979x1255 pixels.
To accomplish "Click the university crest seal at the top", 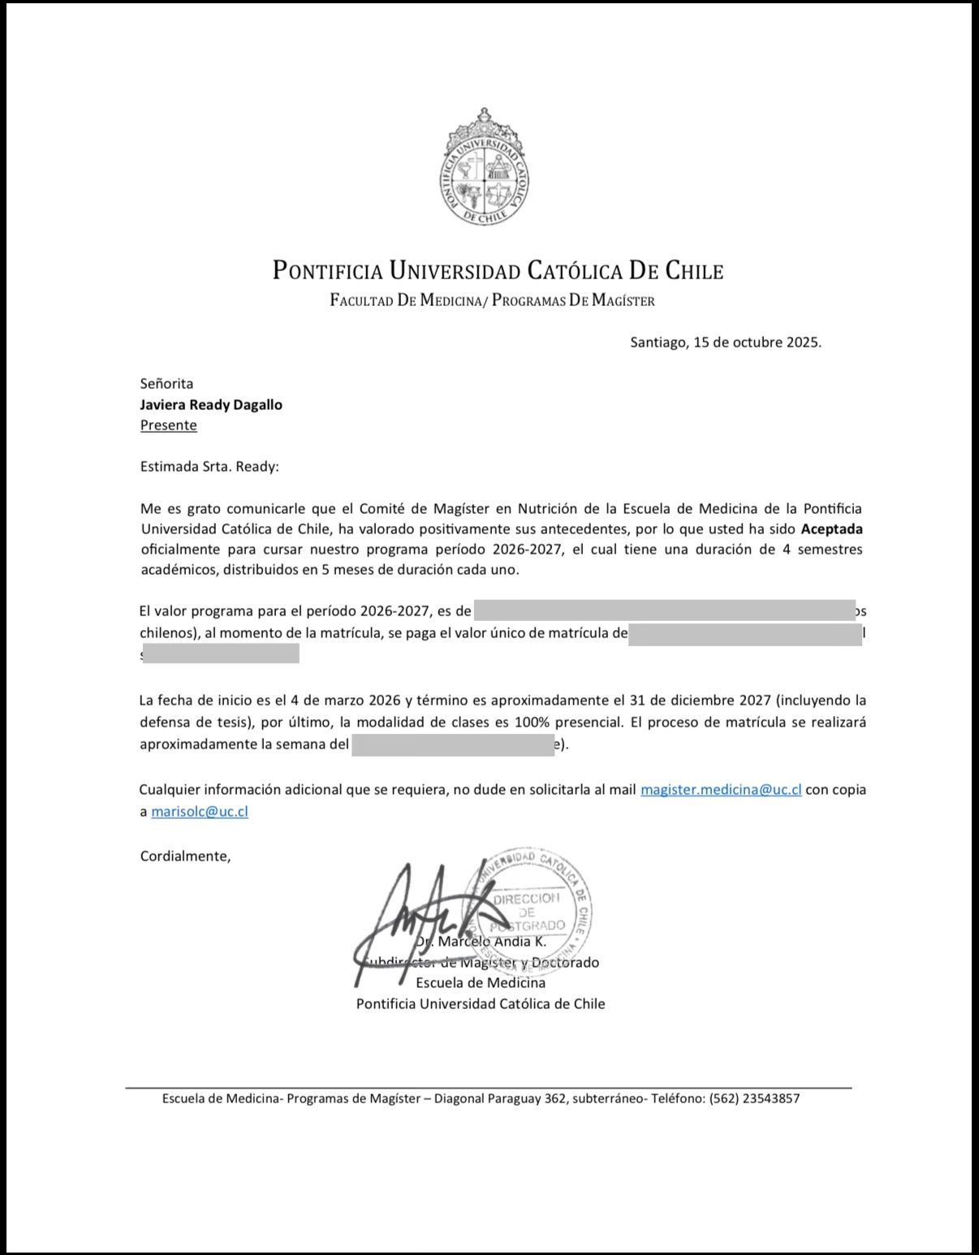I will tap(485, 168).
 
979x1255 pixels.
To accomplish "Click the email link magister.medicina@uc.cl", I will tap(721, 790).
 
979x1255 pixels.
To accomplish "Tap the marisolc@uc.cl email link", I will tap(200, 811).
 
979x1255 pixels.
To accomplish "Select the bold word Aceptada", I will tap(832, 529).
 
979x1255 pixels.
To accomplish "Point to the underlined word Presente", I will tap(168, 425).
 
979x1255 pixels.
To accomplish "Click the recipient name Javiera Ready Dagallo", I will tap(211, 404).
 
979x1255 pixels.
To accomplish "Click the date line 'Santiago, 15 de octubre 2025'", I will tap(726, 342).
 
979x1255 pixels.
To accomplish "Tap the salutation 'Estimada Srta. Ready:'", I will tap(209, 467).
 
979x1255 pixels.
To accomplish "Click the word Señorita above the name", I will tap(166, 383).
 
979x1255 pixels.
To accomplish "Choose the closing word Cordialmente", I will tap(185, 856).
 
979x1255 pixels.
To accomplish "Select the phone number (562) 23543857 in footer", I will tap(754, 1099).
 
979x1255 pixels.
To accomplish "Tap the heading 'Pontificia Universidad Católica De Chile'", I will tap(498, 270).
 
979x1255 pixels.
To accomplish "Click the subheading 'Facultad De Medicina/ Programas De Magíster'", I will tap(492, 301).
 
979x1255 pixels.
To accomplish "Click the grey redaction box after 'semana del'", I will tap(452, 744).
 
